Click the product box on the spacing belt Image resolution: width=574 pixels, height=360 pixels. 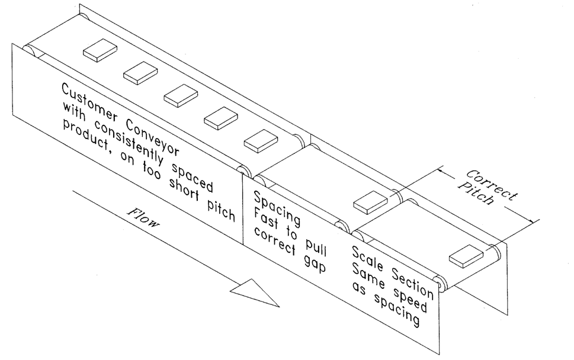point(370,202)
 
